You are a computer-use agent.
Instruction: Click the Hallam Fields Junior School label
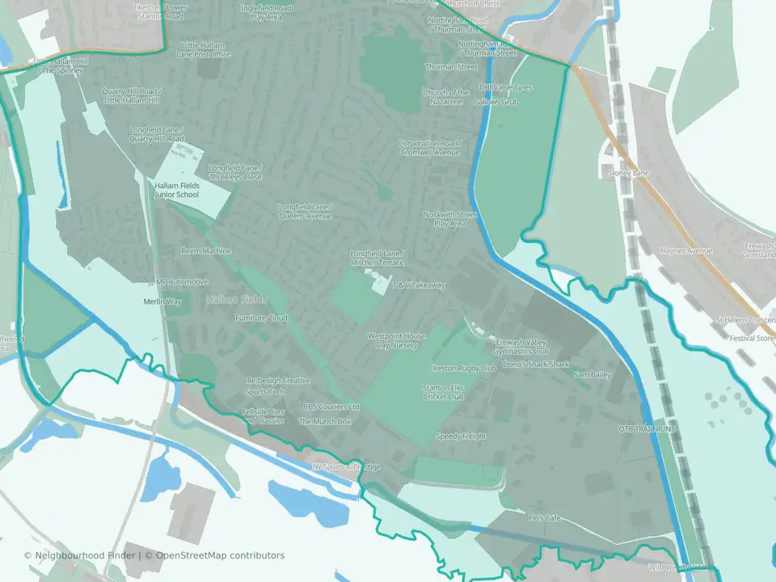[x=177, y=190]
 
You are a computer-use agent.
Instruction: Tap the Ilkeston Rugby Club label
[x=462, y=369]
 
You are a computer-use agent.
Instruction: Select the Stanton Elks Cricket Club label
[x=443, y=392]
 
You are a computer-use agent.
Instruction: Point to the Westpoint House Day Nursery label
[x=397, y=340]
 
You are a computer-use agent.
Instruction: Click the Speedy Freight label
[x=462, y=436]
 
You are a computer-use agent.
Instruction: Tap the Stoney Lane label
[x=628, y=173]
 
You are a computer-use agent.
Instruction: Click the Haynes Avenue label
[x=686, y=251]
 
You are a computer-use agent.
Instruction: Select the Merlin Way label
[x=162, y=302]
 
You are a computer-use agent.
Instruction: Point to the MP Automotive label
[x=182, y=282]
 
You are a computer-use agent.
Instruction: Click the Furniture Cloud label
[x=261, y=318]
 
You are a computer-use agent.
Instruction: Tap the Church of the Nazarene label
[x=446, y=98]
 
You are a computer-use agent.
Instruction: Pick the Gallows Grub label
[x=496, y=103]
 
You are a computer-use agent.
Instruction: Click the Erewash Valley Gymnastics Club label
[x=522, y=347]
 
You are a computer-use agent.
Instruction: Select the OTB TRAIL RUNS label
[x=647, y=428]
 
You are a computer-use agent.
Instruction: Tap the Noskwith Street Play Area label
[x=450, y=219]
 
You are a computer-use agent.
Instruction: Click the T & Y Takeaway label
[x=419, y=285]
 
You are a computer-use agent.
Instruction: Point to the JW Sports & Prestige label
[x=346, y=467]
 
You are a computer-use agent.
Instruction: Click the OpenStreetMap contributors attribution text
[x=220, y=555]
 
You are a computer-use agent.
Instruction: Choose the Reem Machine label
[x=206, y=251]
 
